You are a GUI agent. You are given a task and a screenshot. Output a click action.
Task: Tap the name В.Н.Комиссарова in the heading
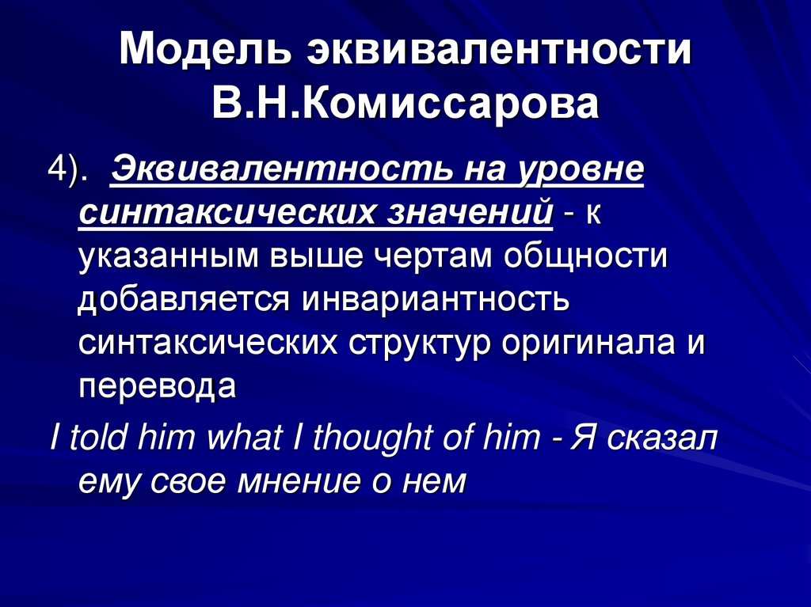pos(405,104)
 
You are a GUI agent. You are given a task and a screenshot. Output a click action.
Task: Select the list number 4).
pos(71,171)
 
